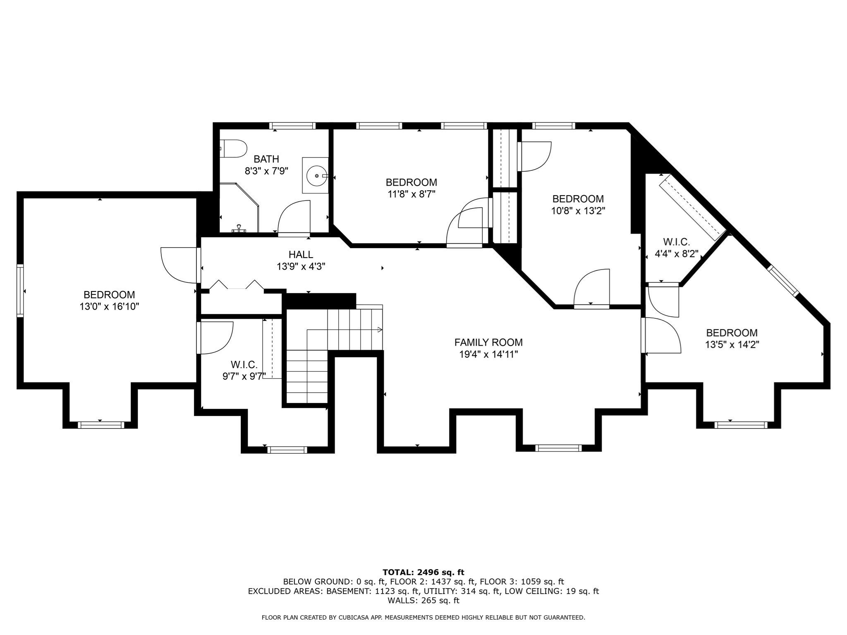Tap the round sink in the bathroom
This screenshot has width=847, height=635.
[316, 176]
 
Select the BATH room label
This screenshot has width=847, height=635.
[266, 159]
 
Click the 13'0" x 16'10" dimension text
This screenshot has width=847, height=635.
[109, 307]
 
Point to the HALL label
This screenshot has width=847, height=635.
[301, 255]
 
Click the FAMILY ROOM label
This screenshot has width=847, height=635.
[488, 342]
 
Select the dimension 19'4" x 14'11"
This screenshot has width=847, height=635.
[488, 354]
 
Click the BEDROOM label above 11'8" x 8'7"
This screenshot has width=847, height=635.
[411, 182]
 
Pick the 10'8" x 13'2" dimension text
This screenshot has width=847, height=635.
[578, 211]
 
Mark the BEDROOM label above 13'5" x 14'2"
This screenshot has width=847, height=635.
[732, 333]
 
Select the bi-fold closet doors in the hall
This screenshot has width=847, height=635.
[237, 285]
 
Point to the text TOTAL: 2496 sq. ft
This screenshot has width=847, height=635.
[423, 572]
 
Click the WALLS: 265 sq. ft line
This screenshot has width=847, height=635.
[423, 600]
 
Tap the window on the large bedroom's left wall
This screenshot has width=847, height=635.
[20, 291]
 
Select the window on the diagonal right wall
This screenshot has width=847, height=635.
[783, 280]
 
